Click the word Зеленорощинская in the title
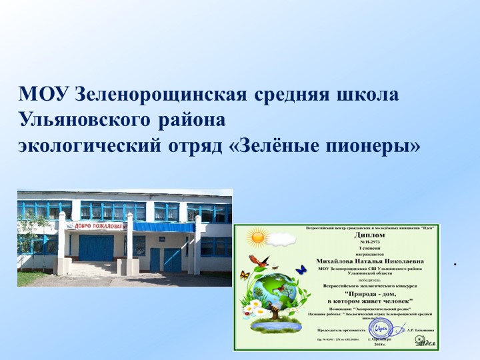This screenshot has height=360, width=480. point(163,95)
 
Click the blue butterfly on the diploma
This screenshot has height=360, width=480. point(301,269)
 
